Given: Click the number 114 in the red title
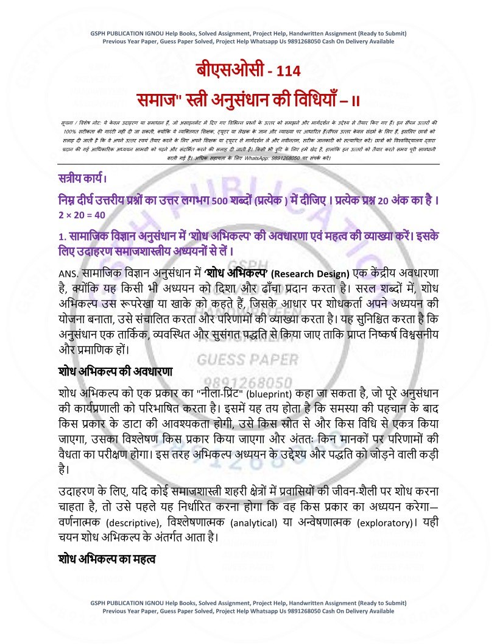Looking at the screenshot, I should (288, 71).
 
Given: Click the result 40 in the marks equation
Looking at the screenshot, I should (99, 215).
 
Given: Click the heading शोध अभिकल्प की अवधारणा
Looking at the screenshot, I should (116, 371).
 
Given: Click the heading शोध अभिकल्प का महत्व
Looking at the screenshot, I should (108, 559).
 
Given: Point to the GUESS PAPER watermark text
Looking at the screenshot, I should (247, 360).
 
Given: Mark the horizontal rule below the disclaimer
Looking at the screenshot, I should (248, 165).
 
